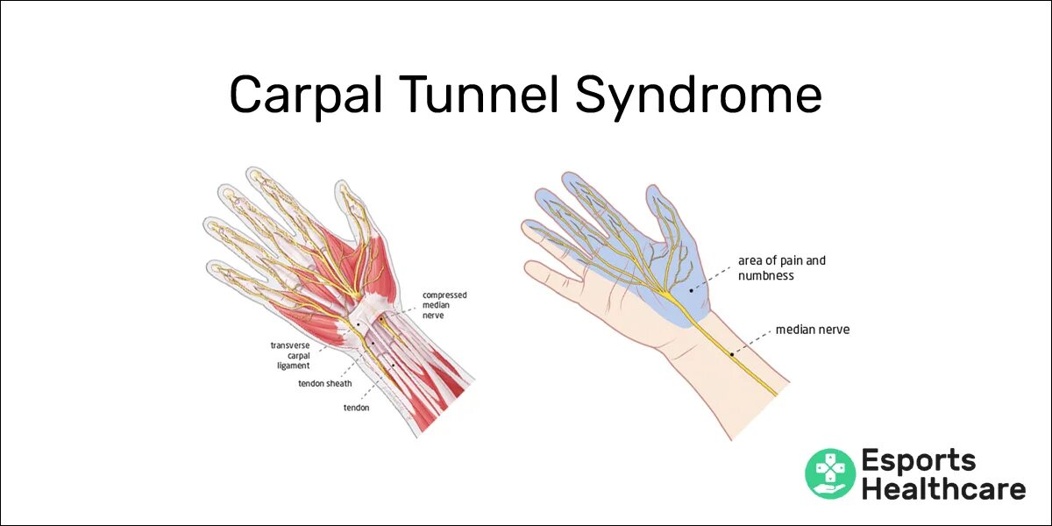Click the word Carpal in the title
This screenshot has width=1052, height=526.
(x=305, y=96)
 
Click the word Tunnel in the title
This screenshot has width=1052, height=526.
(x=476, y=96)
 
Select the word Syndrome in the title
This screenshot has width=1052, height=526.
(x=699, y=96)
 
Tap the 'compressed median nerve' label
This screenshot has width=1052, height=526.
(x=444, y=305)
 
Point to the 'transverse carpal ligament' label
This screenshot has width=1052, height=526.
(x=290, y=355)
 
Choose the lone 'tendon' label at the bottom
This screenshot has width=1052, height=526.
(x=356, y=408)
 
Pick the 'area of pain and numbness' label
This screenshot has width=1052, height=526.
(x=781, y=268)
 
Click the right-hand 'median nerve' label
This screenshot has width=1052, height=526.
(x=812, y=331)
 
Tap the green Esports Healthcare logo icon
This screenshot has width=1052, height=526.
(x=829, y=473)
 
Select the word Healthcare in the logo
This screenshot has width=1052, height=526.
(x=942, y=489)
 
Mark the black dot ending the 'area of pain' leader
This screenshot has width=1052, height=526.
(x=692, y=288)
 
